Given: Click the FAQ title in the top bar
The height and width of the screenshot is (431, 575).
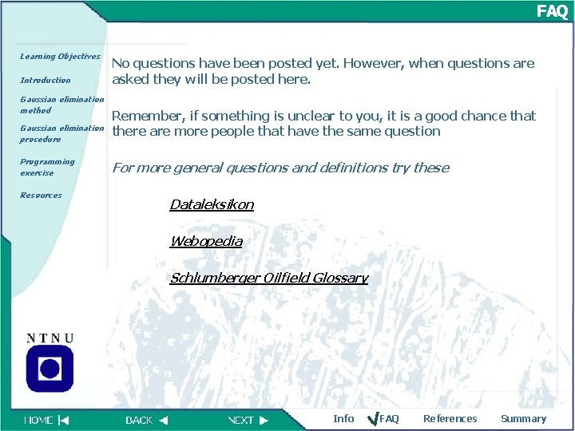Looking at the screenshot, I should pos(552,11).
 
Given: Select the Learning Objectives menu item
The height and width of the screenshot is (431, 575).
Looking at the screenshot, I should pos(60,57).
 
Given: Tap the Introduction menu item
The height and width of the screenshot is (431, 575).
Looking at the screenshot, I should pos(45,80).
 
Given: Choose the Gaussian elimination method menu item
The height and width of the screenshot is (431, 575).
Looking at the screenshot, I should pos(61,105).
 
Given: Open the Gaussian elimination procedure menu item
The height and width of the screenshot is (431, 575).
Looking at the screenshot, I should pos(61,133).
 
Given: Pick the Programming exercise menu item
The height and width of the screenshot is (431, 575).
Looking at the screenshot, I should pos(47,167).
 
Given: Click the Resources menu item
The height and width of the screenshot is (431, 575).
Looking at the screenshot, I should pos(41,195).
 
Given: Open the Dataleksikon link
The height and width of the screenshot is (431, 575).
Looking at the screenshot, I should pos(212,204).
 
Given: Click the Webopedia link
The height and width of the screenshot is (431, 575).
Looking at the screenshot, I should pos(206,241).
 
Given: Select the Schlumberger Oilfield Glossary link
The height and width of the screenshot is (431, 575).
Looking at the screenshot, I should pos(268,278).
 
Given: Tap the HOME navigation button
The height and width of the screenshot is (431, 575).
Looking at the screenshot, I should pos(46,420).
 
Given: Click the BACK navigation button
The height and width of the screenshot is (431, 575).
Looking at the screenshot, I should pos(147,420).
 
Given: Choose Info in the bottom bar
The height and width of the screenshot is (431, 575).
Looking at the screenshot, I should pos(343,419).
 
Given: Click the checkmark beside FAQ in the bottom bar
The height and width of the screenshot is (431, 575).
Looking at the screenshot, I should pos(371,418).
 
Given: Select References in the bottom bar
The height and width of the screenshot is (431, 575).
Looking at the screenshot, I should pos(450,419).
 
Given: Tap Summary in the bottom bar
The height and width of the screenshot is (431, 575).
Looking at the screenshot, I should pos(523,419).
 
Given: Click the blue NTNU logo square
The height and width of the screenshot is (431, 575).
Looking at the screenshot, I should pos(50,367).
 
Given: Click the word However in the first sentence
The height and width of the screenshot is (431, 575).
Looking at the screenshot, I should pos(389,63).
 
